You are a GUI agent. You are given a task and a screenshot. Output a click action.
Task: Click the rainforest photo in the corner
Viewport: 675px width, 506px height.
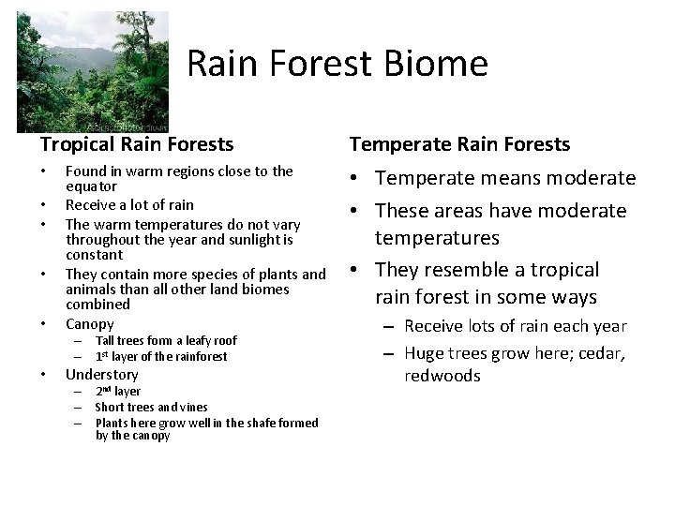click(92, 71)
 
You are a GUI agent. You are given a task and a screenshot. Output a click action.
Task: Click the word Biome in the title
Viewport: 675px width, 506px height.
click(441, 65)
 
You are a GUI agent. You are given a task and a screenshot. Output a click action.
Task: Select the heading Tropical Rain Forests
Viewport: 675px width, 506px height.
click(137, 144)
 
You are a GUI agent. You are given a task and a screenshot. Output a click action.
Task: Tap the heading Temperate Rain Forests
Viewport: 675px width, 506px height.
click(459, 144)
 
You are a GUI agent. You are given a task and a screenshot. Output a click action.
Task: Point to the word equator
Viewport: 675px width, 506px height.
click(91, 186)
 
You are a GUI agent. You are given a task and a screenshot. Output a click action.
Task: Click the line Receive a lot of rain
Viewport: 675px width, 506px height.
click(129, 204)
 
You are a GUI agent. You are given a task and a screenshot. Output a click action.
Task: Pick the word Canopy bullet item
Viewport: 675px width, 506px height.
click(90, 323)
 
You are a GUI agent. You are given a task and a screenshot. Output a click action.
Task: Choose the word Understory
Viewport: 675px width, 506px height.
click(101, 375)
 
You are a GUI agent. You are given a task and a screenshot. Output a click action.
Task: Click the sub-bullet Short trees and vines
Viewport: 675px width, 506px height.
click(151, 408)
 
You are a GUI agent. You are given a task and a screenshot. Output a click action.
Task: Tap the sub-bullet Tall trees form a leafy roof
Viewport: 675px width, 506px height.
click(166, 341)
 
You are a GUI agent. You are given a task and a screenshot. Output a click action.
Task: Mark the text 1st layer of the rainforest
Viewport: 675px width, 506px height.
click(161, 357)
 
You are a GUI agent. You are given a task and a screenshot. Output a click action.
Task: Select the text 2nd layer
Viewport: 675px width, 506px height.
click(118, 392)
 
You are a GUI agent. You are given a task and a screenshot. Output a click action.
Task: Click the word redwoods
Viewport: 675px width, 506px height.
click(442, 376)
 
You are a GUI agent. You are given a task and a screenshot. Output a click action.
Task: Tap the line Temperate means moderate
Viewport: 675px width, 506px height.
click(505, 178)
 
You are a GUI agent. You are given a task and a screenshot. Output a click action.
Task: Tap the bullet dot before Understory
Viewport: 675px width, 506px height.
click(46, 376)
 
